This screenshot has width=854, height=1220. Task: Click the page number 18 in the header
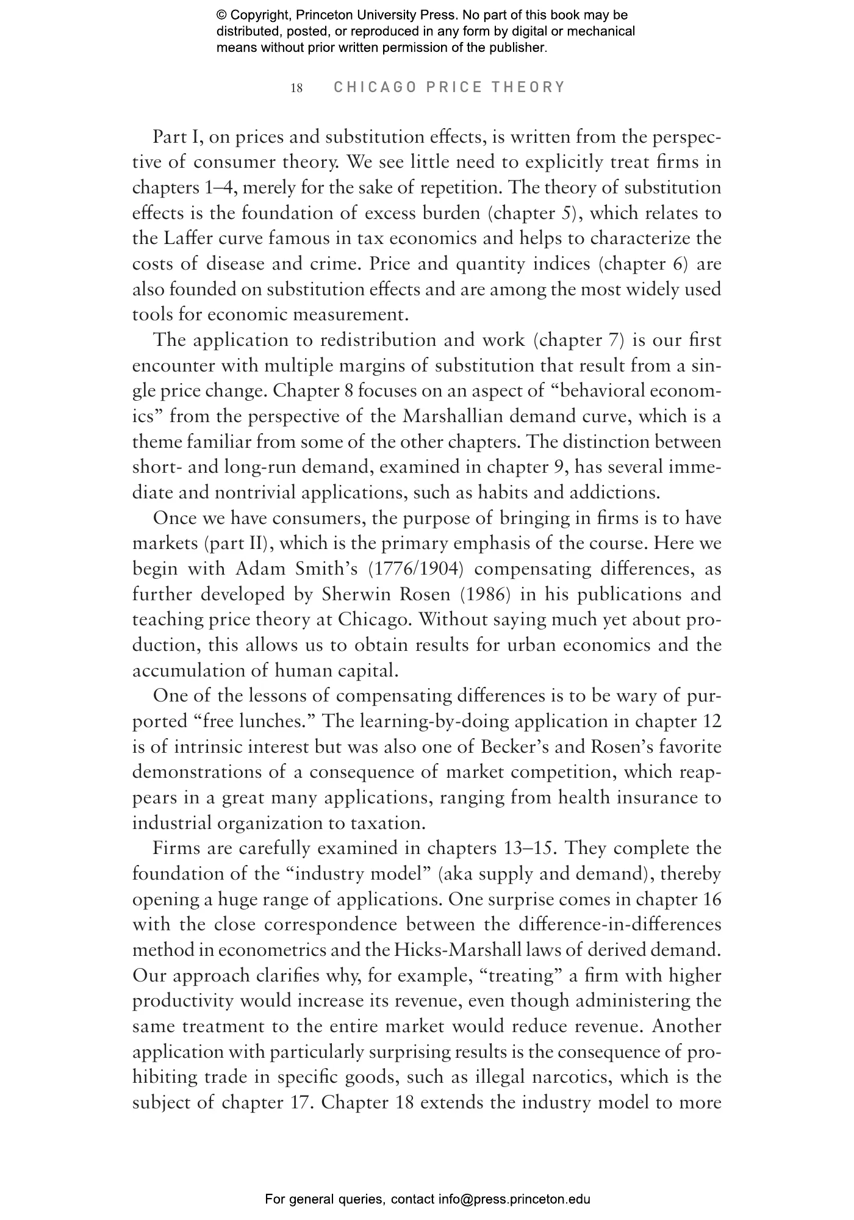[x=296, y=88]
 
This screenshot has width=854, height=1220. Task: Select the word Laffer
[x=184, y=239]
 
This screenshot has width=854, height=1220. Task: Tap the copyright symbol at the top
[x=221, y=15]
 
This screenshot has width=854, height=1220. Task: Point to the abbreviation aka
[x=455, y=875]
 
